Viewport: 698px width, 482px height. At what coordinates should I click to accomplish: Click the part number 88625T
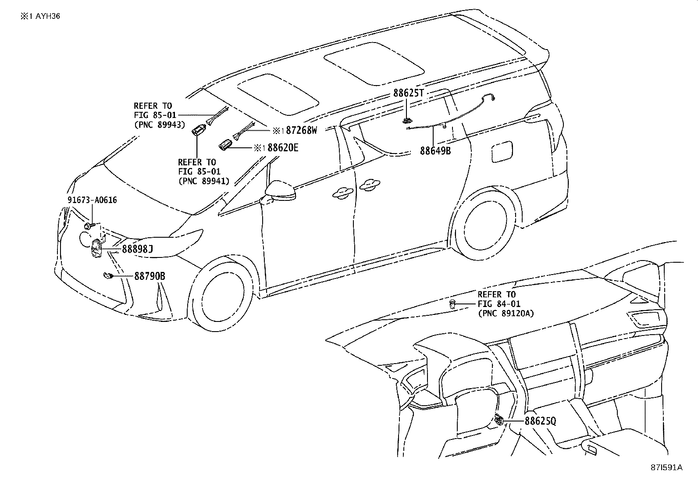click(409, 93)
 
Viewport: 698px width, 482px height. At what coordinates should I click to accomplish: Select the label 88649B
click(435, 151)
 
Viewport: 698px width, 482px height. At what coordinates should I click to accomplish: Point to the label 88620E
click(282, 148)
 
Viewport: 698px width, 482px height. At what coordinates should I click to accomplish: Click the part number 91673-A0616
click(92, 200)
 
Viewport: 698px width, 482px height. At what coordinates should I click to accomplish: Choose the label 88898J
click(137, 250)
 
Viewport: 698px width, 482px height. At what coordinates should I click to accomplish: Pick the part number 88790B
click(150, 276)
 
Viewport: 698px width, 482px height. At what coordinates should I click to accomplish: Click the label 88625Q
click(540, 421)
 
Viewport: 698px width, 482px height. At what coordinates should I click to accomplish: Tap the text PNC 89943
click(160, 125)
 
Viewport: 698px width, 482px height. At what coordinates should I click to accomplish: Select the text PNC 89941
click(204, 181)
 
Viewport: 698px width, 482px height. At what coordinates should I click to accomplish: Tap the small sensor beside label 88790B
click(107, 275)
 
